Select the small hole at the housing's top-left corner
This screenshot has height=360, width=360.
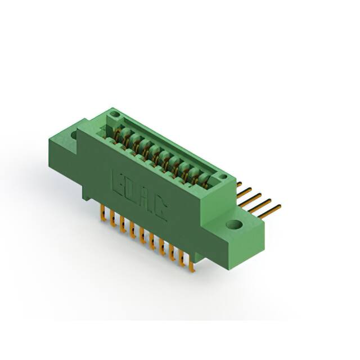click(x=116, y=115)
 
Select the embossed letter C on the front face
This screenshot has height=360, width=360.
click(x=159, y=209)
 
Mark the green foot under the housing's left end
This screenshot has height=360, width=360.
click(x=85, y=195)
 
